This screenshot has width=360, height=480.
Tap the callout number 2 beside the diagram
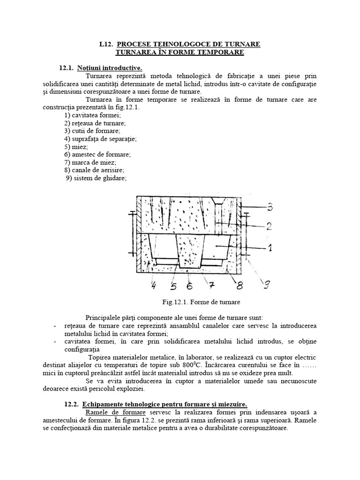coord(269,226)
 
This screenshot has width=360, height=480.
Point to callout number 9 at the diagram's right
coord(267,283)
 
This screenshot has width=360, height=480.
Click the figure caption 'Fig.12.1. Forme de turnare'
coord(180,302)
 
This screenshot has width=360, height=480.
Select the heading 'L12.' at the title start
coord(105,44)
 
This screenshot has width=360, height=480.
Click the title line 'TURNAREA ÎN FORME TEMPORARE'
coord(180,52)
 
